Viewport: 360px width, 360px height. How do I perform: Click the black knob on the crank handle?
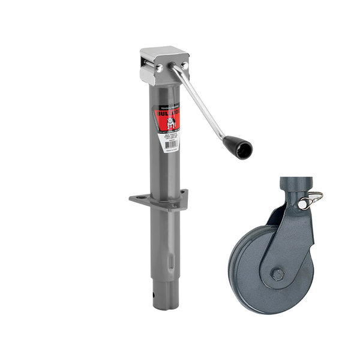pyautogui.click(x=238, y=146)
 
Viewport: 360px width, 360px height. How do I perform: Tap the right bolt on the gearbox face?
pyautogui.click(x=184, y=65)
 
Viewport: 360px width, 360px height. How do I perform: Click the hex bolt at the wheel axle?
pyautogui.click(x=277, y=275)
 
